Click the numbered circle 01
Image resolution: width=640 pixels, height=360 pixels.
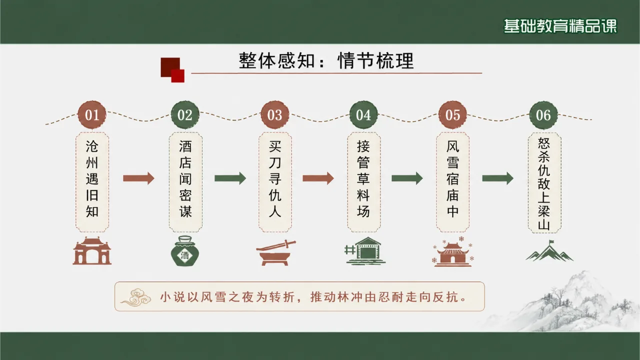(92, 115)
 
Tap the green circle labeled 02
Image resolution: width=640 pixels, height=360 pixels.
(185, 115)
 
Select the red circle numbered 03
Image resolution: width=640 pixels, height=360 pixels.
(275, 115)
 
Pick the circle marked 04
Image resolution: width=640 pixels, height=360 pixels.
(363, 115)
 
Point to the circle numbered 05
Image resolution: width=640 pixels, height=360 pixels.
(452, 115)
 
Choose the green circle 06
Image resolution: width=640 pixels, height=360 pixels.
(543, 115)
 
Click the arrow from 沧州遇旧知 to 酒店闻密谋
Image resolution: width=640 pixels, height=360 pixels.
(138, 178)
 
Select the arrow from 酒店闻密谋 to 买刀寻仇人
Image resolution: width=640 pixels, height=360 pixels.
(230, 178)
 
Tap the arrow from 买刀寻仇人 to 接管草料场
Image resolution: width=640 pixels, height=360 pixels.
(318, 178)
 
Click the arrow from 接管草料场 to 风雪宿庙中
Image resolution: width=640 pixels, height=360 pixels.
(407, 178)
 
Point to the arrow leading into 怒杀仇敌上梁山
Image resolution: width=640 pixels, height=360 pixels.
(498, 178)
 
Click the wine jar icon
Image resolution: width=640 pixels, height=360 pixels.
(185, 251)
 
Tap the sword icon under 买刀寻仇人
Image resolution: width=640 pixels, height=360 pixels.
(275, 252)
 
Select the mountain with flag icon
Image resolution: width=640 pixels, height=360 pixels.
(549, 251)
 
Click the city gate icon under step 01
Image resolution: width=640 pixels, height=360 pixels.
(92, 251)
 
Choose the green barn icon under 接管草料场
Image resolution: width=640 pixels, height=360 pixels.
(365, 251)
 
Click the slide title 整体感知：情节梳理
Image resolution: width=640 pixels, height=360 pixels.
(326, 60)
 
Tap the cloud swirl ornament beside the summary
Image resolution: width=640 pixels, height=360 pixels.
(135, 297)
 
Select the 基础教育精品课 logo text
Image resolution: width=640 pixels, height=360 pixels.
(560, 26)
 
